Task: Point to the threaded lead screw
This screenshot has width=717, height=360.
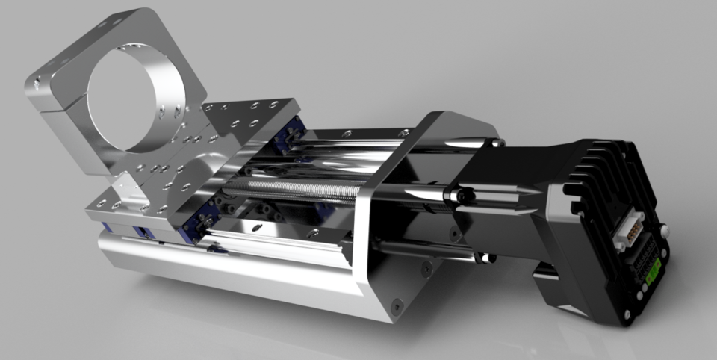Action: [299, 189]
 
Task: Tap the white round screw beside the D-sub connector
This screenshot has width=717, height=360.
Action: [662, 232]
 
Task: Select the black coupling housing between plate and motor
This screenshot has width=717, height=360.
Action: [508, 187]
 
